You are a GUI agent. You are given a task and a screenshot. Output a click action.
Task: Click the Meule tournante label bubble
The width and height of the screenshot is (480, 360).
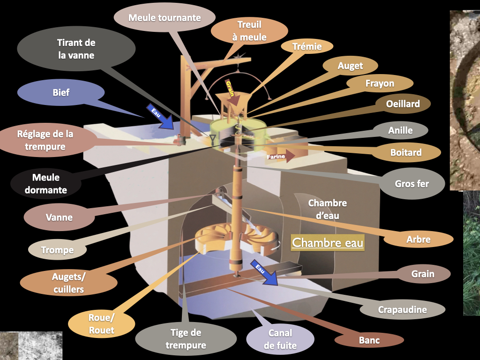pos(165,17)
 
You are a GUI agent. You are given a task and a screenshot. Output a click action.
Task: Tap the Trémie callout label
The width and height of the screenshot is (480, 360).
pos(307,46)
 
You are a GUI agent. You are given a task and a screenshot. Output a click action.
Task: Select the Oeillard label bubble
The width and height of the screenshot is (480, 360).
pos(403,104)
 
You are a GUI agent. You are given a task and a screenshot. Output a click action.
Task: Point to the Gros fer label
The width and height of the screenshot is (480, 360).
pos(412,184)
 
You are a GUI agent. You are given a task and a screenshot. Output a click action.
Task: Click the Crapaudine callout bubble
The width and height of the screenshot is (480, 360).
pos(402,309)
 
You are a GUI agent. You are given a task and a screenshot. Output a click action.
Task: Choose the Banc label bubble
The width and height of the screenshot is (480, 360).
pos(369,340)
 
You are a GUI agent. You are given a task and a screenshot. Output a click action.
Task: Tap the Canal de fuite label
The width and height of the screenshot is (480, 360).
pos(280,339)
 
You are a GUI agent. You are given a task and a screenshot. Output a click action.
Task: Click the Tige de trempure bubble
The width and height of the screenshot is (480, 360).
pos(186,339)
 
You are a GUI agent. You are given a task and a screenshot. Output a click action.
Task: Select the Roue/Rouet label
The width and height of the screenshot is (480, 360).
pos(101,324)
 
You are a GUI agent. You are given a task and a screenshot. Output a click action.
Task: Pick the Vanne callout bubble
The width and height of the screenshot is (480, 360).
pos(59,217)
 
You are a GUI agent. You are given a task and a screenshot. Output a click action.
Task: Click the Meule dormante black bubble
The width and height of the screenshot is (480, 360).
pos(46,184)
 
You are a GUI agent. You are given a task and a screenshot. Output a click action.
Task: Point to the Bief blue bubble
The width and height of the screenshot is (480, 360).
pos(61,92)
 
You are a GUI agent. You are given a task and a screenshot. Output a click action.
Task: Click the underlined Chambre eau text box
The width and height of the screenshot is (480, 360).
pos(328,243)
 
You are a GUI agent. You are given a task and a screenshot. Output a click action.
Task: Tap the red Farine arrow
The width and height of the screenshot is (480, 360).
pos(280,156)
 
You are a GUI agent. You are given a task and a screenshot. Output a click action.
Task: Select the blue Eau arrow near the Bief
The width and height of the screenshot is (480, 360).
pos(160,117)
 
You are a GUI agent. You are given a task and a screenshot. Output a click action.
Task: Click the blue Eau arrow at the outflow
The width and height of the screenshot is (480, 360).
pos(264,272)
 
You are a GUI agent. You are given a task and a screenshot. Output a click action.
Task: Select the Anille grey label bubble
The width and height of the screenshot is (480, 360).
pos(400,130)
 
